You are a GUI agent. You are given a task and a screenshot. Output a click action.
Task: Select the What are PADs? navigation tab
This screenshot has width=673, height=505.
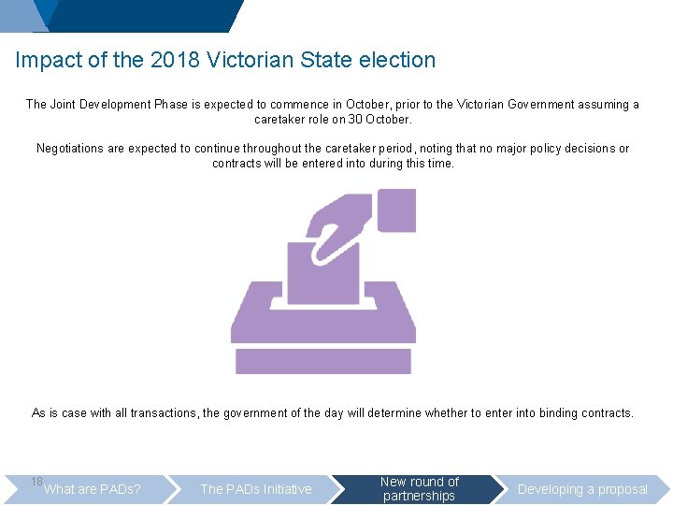(93, 489)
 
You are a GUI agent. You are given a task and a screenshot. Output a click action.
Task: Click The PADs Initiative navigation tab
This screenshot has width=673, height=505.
(256, 489)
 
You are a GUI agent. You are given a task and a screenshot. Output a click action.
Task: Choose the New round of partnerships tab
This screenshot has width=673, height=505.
(420, 489)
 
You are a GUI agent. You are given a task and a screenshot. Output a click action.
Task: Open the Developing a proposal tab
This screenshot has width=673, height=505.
(582, 489)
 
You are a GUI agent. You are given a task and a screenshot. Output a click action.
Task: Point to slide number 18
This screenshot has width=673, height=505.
(36, 481)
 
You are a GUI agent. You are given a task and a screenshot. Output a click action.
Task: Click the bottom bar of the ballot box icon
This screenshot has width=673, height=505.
(322, 361)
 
